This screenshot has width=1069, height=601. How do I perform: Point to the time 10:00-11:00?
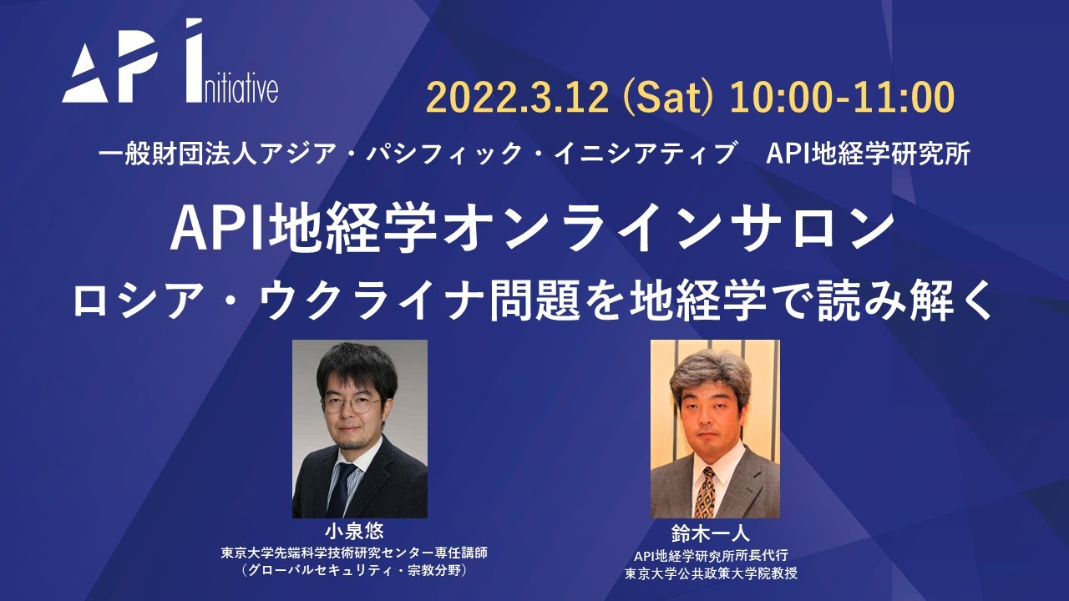tap(842, 97)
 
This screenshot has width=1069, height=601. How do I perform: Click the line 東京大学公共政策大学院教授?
tap(712, 573)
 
